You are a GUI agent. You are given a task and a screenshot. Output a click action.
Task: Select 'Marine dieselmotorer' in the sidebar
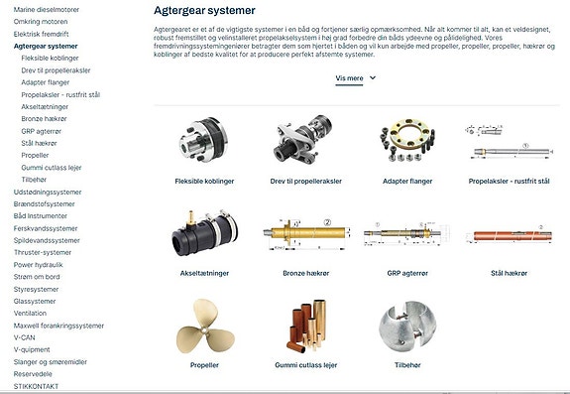47,9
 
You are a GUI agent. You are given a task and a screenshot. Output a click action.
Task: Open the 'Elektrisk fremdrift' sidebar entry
42,34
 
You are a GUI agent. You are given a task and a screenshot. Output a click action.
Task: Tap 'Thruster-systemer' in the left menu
43,252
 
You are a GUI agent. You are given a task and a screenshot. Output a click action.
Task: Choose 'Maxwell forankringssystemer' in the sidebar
58,325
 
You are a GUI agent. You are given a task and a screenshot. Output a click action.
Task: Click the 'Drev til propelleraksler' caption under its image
306,182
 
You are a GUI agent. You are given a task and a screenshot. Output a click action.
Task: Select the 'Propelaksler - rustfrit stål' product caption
509,182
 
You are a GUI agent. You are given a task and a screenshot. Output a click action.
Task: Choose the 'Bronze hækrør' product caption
306,273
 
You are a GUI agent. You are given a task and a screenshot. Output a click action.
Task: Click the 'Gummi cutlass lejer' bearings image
305,328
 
